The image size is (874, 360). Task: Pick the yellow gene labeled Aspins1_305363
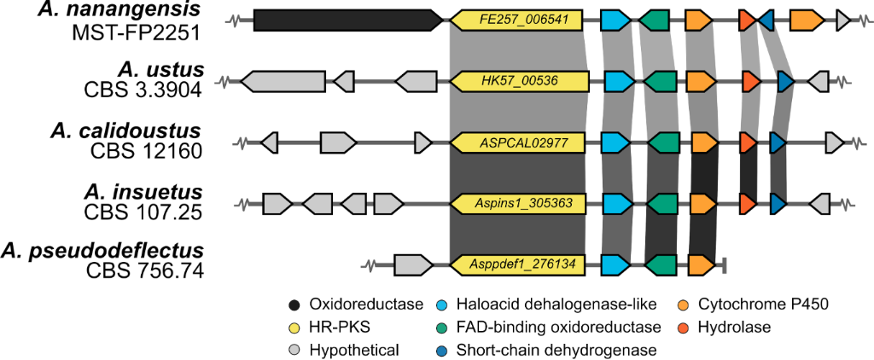pos(517,203)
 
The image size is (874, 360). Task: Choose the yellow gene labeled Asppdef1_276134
pos(517,264)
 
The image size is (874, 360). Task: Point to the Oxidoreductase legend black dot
pos(294,304)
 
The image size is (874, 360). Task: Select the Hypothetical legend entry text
pos(353,349)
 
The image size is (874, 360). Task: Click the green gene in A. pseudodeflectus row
pos(661,264)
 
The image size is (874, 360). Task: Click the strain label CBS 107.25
pos(146,212)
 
